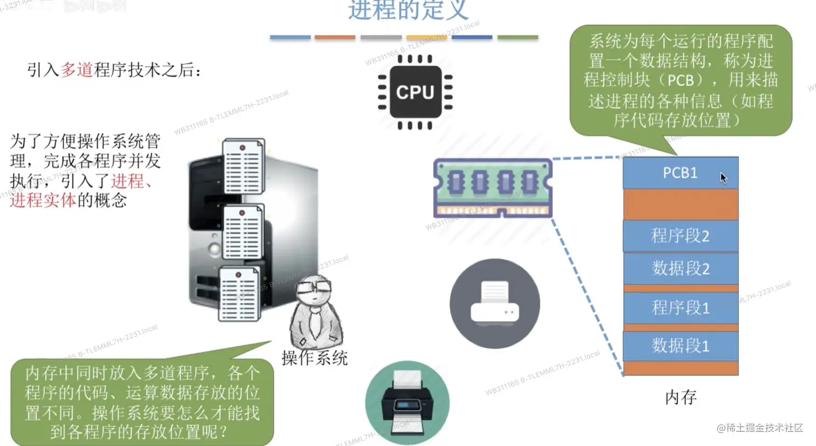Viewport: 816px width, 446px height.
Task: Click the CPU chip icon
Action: point(414,92)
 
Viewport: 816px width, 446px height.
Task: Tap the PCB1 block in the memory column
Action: point(680,173)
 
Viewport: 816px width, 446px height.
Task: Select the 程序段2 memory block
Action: point(680,236)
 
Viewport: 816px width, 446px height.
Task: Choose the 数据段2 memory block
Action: point(680,268)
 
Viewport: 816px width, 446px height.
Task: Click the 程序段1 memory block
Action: point(680,308)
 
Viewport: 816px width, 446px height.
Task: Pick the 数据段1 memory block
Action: point(680,346)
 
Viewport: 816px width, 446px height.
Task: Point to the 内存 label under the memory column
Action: point(681,397)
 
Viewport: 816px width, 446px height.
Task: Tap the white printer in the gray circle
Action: point(494,303)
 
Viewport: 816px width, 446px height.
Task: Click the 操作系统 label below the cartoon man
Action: point(314,357)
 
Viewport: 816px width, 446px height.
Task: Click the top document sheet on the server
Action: point(243,166)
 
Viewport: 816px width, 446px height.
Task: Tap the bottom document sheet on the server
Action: point(239,294)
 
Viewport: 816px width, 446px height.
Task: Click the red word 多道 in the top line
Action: point(77,70)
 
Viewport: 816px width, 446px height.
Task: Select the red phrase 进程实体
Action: point(43,200)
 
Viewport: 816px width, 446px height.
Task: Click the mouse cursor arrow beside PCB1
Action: point(723,178)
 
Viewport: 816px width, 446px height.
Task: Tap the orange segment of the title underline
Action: point(335,37)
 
